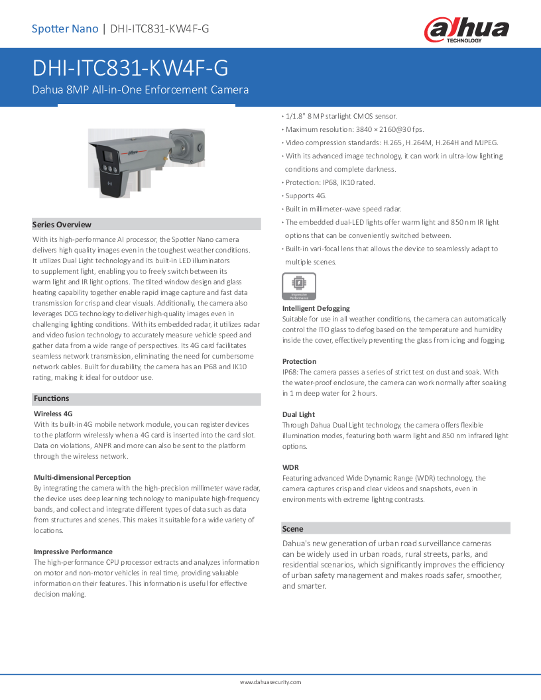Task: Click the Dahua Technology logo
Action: tap(467, 30)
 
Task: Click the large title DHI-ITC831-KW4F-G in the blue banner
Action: tap(131, 69)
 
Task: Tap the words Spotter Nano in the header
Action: tap(65, 29)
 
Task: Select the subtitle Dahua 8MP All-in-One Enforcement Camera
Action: tap(141, 89)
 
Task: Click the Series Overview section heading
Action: tap(62, 225)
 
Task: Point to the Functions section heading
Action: tap(51, 398)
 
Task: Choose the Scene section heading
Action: tap(292, 528)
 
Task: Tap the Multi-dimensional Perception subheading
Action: tap(82, 477)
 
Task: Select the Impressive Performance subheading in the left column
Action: tap(73, 552)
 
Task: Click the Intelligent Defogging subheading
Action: tap(316, 308)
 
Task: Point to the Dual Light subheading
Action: tap(298, 414)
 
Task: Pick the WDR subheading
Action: tap(290, 467)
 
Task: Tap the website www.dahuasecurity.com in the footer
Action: tap(270, 682)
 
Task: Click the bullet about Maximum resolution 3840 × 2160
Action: tap(354, 129)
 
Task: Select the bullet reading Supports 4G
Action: tap(306, 196)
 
